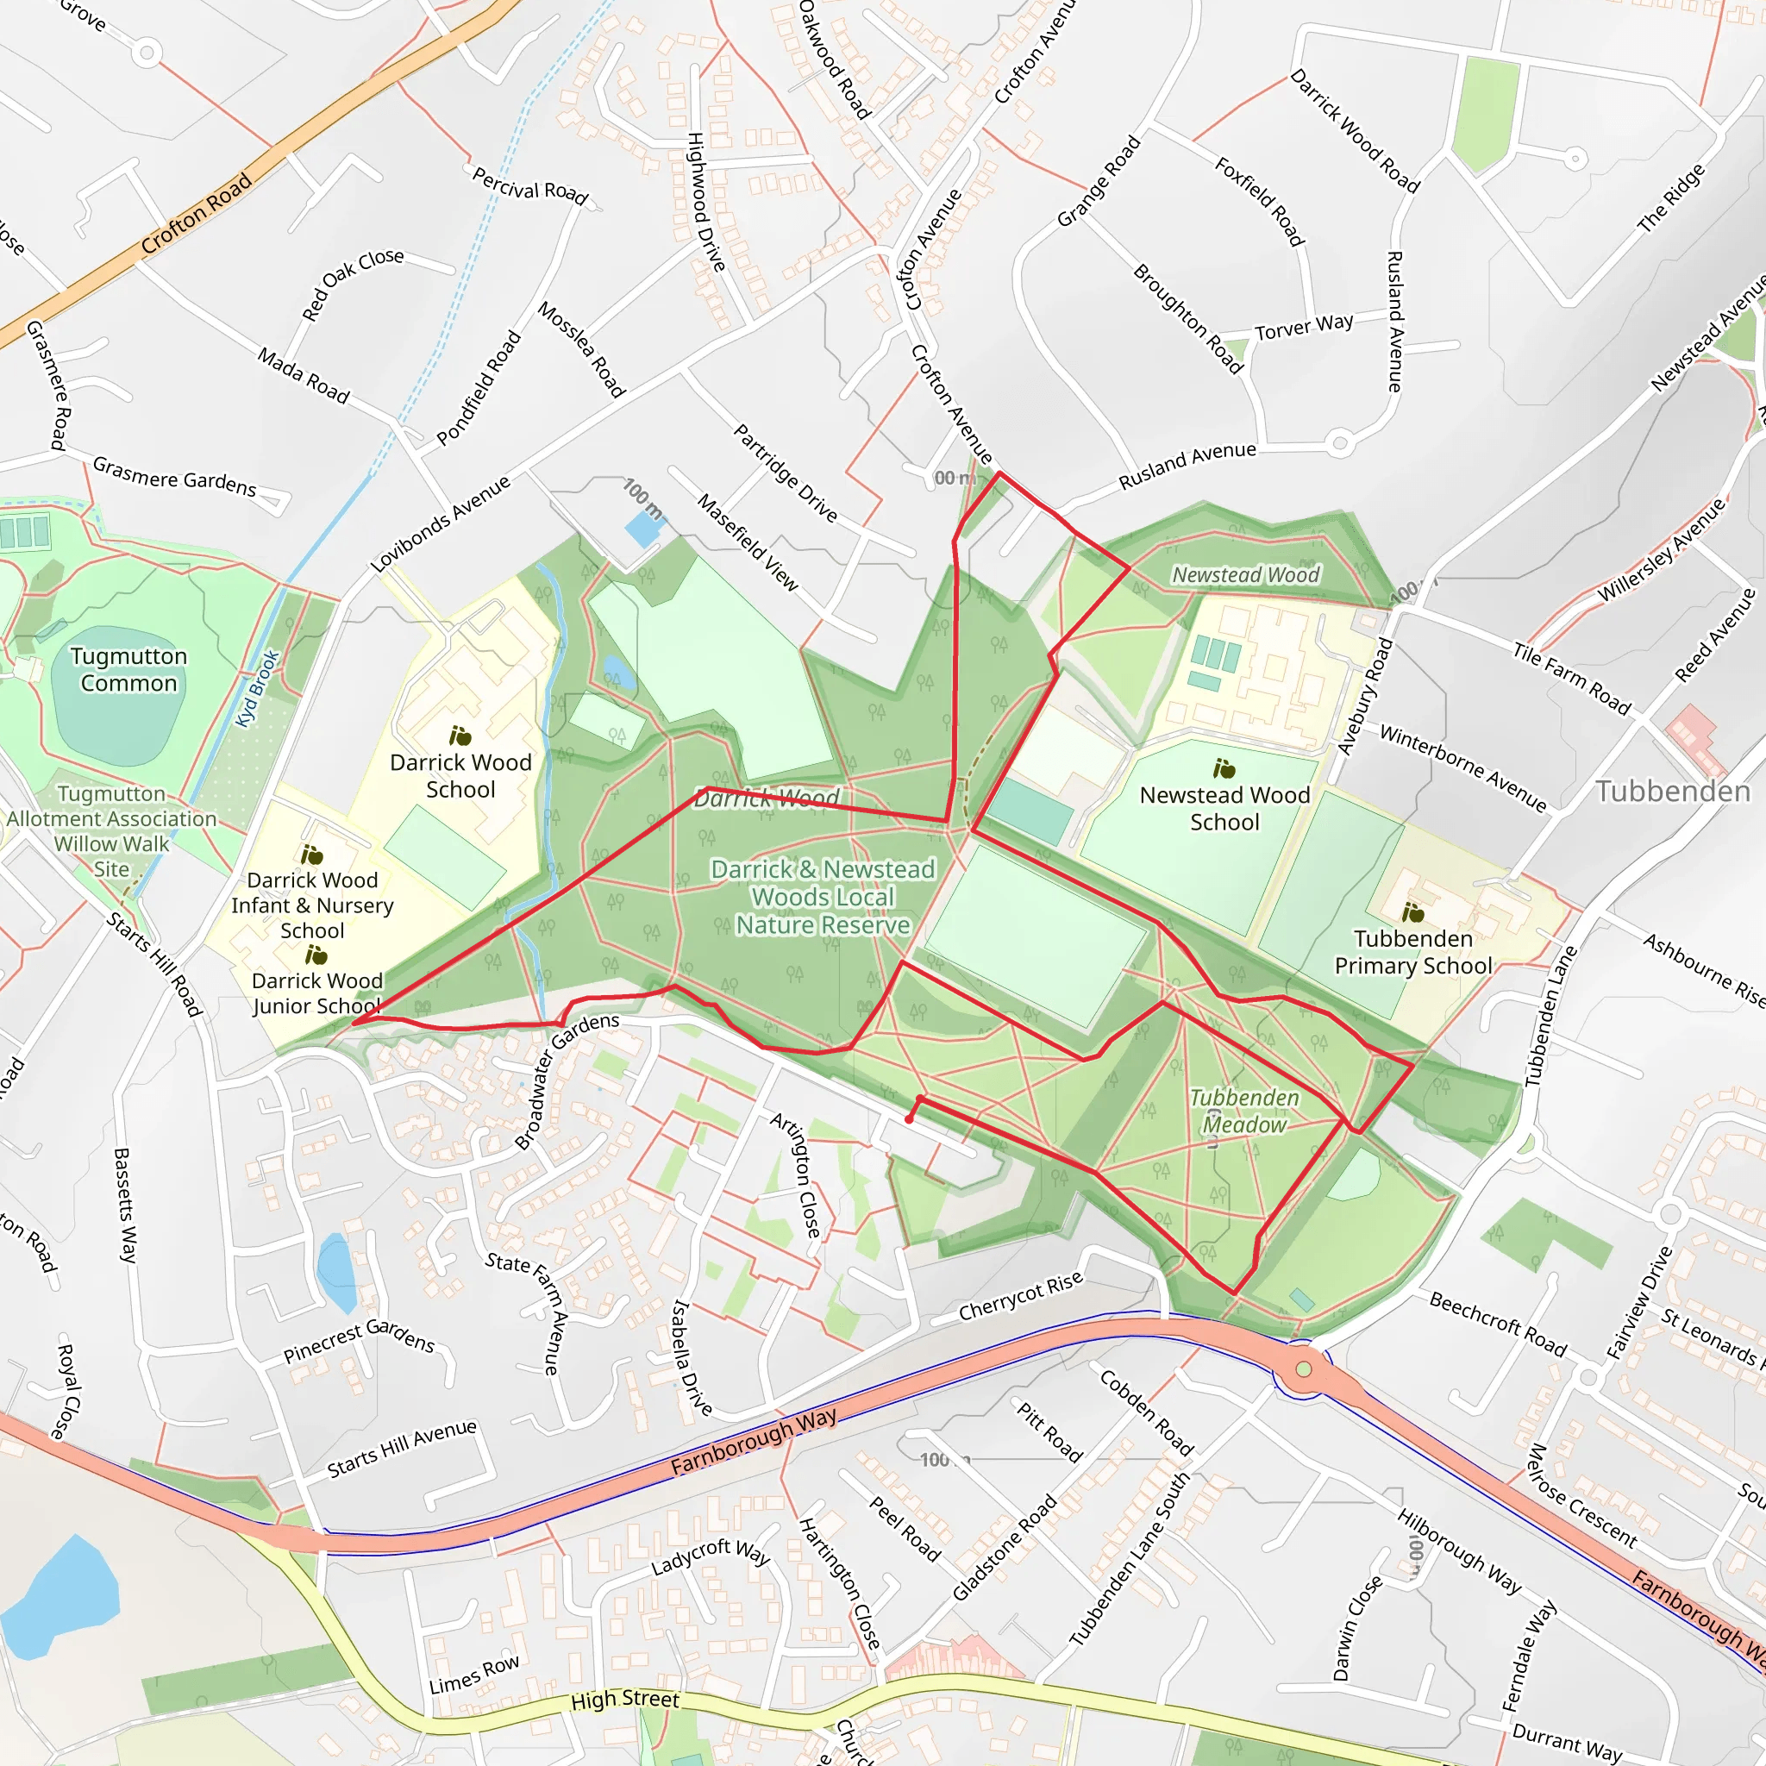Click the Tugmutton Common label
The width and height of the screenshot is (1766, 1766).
pyautogui.click(x=128, y=669)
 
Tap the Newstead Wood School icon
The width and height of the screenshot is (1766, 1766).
pyautogui.click(x=1223, y=768)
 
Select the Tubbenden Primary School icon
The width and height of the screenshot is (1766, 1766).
pyautogui.click(x=1412, y=912)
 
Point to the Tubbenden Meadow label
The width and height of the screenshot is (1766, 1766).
pyautogui.click(x=1244, y=1111)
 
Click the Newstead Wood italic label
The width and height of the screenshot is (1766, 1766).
pyautogui.click(x=1245, y=575)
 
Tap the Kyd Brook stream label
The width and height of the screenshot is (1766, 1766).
pyautogui.click(x=257, y=688)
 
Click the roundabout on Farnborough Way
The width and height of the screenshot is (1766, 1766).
pyautogui.click(x=1304, y=1368)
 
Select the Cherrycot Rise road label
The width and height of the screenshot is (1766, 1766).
pyautogui.click(x=1020, y=1296)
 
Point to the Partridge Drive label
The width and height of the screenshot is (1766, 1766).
pyautogui.click(x=786, y=473)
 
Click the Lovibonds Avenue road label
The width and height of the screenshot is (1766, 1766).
pyautogui.click(x=441, y=524)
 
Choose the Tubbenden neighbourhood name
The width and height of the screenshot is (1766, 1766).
pyautogui.click(x=1673, y=791)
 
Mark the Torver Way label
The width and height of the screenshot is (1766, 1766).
pyautogui.click(x=1303, y=327)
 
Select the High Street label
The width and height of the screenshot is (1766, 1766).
pyautogui.click(x=624, y=1700)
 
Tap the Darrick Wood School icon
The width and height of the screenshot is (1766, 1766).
pyautogui.click(x=460, y=736)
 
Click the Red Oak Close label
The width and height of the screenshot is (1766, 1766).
pyautogui.click(x=352, y=284)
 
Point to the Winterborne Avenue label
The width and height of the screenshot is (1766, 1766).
pyautogui.click(x=1462, y=767)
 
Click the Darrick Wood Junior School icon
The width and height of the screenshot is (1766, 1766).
pyautogui.click(x=316, y=956)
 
